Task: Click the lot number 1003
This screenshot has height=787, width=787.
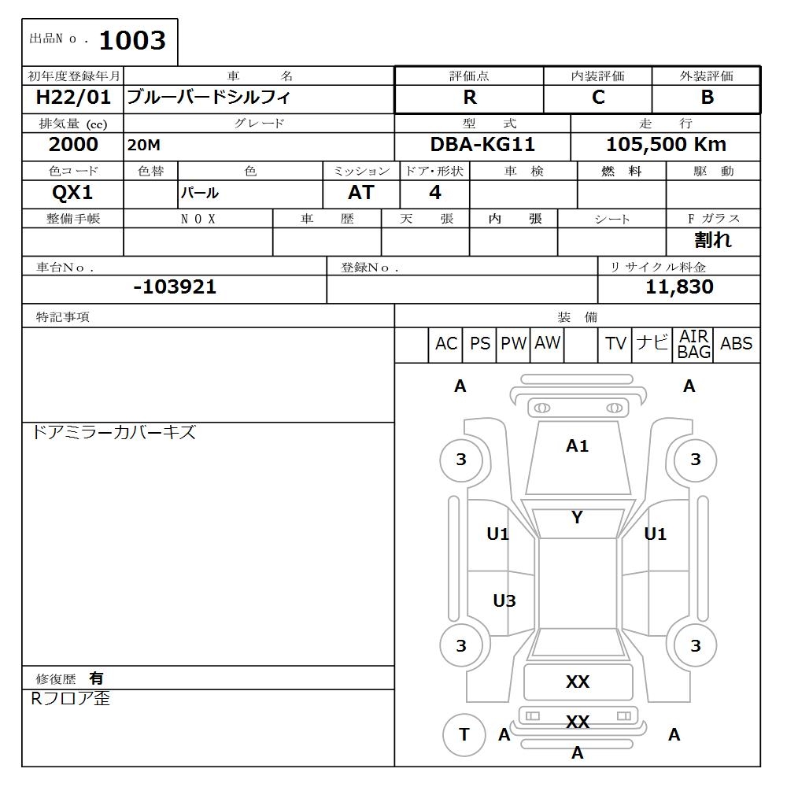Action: click(132, 41)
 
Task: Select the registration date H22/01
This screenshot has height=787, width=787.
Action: click(74, 98)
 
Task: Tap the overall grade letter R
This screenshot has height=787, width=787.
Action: click(470, 98)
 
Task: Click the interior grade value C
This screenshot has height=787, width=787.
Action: click(598, 98)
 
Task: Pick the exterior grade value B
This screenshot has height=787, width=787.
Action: click(707, 98)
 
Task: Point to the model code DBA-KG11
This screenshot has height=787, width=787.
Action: click(482, 145)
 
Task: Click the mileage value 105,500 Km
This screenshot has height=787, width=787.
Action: click(666, 145)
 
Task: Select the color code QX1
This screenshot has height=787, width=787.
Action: click(73, 193)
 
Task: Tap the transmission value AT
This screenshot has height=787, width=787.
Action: click(361, 193)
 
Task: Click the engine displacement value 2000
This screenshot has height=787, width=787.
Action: click(73, 145)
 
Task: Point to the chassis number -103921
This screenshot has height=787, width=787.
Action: click(175, 287)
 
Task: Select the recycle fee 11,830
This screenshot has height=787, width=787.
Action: click(679, 287)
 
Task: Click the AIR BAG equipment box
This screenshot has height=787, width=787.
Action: click(694, 345)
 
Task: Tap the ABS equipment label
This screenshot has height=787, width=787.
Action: click(737, 344)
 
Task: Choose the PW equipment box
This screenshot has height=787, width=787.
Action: click(514, 344)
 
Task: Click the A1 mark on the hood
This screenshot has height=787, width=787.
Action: click(577, 446)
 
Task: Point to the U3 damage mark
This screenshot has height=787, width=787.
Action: click(504, 601)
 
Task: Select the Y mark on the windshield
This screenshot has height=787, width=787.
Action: click(577, 518)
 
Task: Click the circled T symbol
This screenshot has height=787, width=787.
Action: click(464, 734)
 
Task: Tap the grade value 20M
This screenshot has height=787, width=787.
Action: click(142, 146)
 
